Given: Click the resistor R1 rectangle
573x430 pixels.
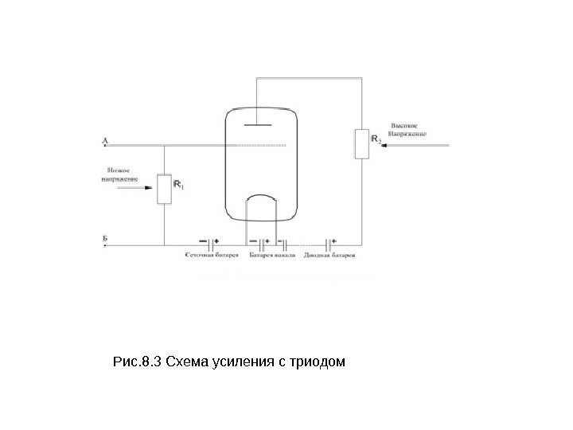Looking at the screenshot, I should click(164, 189).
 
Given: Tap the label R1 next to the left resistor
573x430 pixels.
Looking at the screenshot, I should click(178, 186).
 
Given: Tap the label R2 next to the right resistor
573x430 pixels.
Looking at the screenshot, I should click(376, 139).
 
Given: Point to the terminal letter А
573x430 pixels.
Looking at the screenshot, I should click(105, 139).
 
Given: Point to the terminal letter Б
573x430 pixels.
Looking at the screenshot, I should click(105, 238).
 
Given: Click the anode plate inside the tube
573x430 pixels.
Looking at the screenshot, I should click(262, 124).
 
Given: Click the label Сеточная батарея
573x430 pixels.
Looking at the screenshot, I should click(212, 256).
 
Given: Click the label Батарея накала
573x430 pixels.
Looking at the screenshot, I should click(273, 256).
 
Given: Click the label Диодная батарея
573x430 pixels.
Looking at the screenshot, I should click(330, 256).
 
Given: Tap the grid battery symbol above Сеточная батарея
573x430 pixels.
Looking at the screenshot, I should click(212, 240).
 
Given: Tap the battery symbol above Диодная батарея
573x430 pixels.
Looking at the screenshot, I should click(329, 240).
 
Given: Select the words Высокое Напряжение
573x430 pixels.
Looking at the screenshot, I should click(407, 130).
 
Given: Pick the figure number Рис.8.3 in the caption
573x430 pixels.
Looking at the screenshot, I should click(138, 364).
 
